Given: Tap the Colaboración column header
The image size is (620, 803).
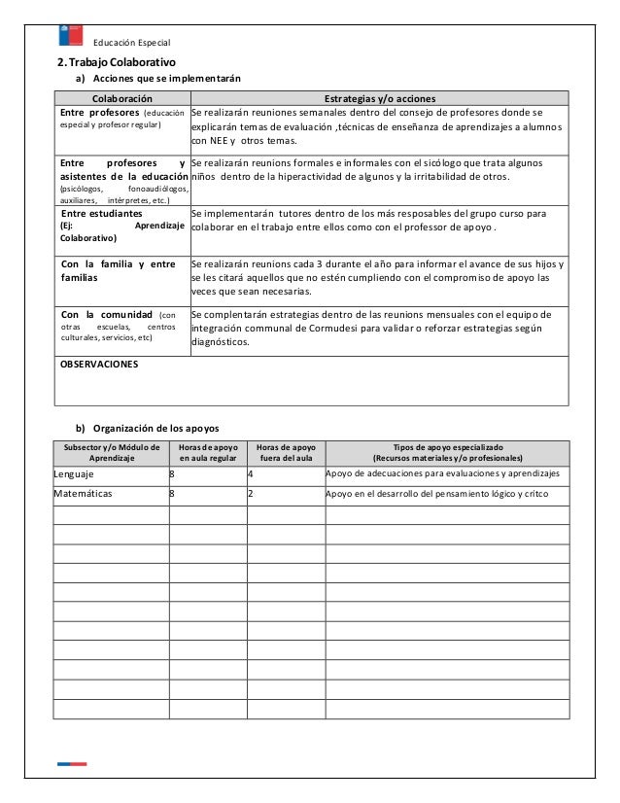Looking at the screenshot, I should [121, 98].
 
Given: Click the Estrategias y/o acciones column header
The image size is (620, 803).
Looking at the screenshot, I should [379, 98].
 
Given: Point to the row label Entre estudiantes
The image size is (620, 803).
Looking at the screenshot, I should [101, 212].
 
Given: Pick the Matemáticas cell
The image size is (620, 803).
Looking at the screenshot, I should [84, 494].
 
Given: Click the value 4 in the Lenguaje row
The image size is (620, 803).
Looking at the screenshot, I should [251, 474].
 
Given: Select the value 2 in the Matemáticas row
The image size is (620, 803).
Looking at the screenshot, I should [251, 494].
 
